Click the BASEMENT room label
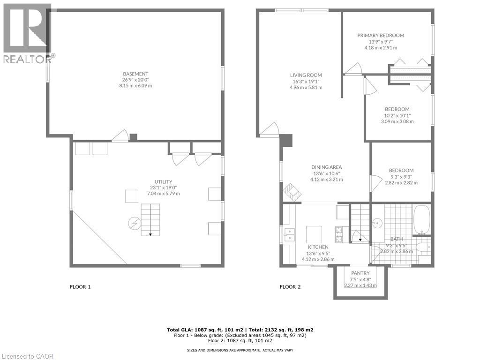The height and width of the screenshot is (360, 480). (x=136, y=74)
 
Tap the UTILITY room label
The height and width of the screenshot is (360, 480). (x=164, y=182)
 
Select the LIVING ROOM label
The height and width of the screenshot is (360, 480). (x=306, y=75)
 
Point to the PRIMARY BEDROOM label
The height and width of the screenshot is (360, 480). (x=381, y=36)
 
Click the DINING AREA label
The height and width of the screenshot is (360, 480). (x=327, y=167)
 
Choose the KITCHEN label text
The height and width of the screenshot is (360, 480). (x=318, y=247)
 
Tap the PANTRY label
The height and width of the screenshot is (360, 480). (x=360, y=273)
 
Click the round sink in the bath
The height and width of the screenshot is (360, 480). (x=377, y=223)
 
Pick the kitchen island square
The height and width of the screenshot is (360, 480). (x=314, y=233)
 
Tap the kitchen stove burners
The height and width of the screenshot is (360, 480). (x=338, y=232)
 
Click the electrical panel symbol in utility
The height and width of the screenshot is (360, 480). (x=134, y=223)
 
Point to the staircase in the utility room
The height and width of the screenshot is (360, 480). (x=150, y=219)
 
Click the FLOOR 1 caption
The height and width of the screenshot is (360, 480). (x=80, y=287)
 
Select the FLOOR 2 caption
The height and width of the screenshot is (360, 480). (x=290, y=287)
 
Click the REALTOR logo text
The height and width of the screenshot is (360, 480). (x=27, y=59)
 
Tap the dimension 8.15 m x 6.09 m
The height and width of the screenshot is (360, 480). (x=136, y=86)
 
